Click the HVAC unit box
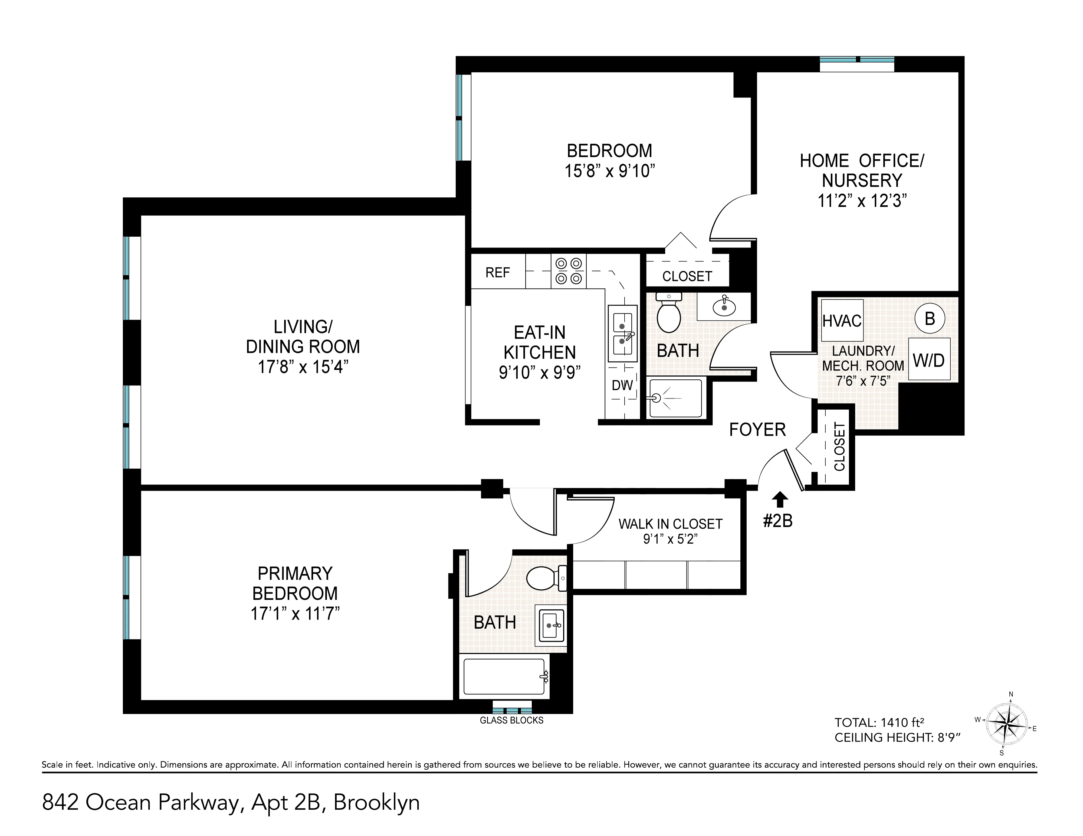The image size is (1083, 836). point(842,321)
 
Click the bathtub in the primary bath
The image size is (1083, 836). point(504,676)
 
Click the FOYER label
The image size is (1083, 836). point(757,429)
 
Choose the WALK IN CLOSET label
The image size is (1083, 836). point(670,524)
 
